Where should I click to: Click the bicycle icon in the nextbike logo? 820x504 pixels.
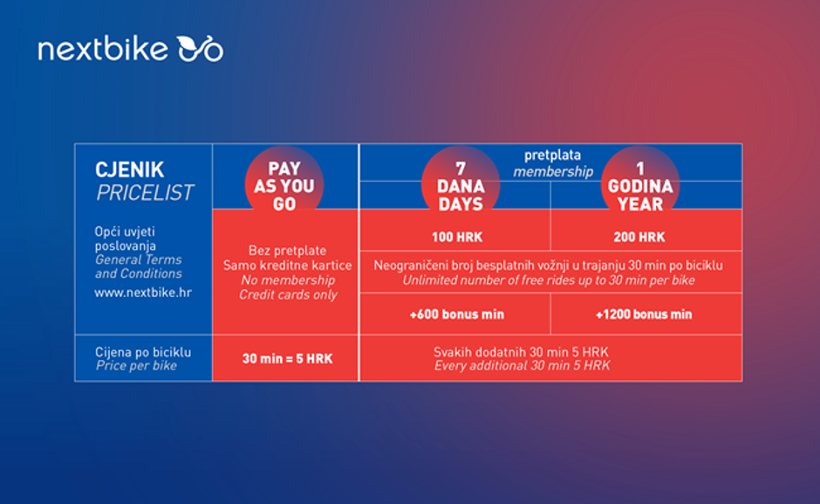[x=200, y=49]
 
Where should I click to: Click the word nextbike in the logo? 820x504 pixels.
[x=103, y=49]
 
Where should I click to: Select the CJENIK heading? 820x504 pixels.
[x=130, y=169]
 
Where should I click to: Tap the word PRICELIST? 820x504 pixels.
[x=145, y=193]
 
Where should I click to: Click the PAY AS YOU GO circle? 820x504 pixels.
[x=284, y=185]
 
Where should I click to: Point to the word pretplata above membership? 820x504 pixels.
[x=552, y=155]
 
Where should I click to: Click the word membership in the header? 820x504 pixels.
[x=552, y=171]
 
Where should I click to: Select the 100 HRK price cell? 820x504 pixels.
[x=457, y=237]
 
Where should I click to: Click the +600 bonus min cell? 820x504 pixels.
[x=456, y=314]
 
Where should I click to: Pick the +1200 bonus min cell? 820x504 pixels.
[x=644, y=314]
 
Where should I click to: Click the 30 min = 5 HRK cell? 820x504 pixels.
[x=287, y=358]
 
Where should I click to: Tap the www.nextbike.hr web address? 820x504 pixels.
[x=142, y=293]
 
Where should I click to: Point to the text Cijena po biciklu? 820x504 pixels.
[x=143, y=352]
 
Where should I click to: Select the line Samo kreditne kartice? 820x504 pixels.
[x=287, y=266]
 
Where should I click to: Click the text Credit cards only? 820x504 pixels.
[x=288, y=295]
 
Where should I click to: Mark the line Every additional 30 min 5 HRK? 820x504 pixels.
[x=523, y=366]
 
